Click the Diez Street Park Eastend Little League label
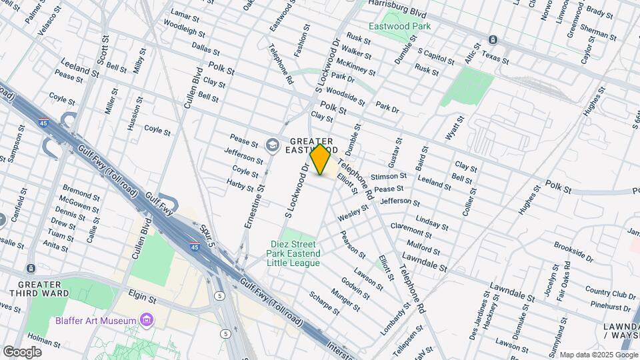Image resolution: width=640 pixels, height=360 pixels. (293, 253)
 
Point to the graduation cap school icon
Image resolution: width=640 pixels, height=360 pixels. (272, 145)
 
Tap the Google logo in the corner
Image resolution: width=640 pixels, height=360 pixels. (22, 351)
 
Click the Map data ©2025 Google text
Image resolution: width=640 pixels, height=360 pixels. (598, 355)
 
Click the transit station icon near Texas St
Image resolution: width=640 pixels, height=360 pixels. (492, 39)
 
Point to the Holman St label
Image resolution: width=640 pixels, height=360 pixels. (44, 343)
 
